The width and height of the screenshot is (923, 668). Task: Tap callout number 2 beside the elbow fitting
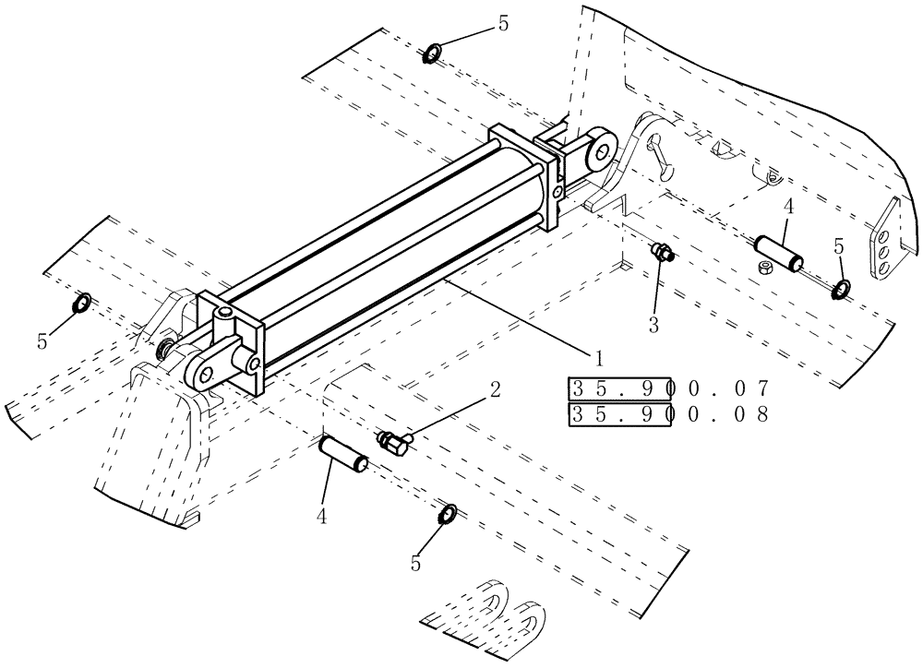tap(495, 389)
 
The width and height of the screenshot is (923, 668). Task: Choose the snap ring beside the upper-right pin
tap(842, 290)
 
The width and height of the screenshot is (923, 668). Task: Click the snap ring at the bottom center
tap(447, 514)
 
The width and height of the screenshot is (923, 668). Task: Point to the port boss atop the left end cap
tap(225, 318)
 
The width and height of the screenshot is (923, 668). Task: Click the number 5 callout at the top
tap(503, 24)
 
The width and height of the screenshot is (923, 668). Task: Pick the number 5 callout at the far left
tap(42, 341)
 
